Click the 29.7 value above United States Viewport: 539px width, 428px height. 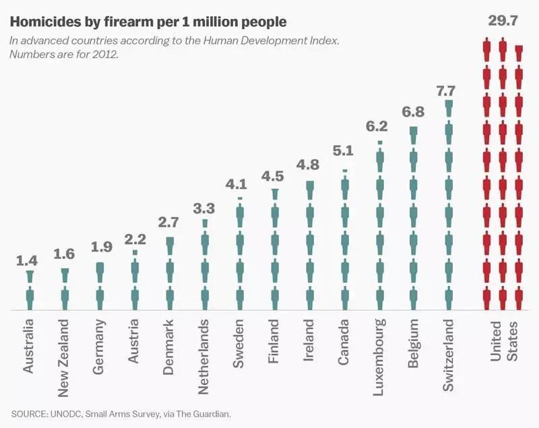(502, 22)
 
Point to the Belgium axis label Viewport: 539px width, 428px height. (414, 344)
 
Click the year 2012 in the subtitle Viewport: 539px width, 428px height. (104, 54)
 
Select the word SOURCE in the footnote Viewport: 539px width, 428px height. (30, 412)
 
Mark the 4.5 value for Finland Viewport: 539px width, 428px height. (274, 177)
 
